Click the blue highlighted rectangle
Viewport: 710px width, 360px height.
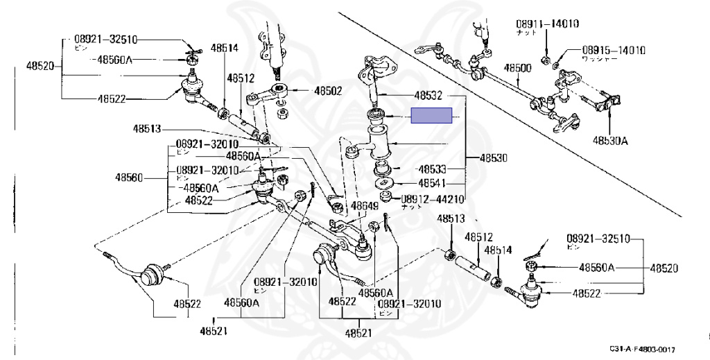(431, 116)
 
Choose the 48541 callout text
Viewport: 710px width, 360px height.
(434, 183)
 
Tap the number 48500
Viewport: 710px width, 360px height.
(517, 68)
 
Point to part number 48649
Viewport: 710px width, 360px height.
(364, 206)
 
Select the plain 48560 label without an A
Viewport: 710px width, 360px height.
(130, 178)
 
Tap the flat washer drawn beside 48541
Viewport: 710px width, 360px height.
(383, 184)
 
